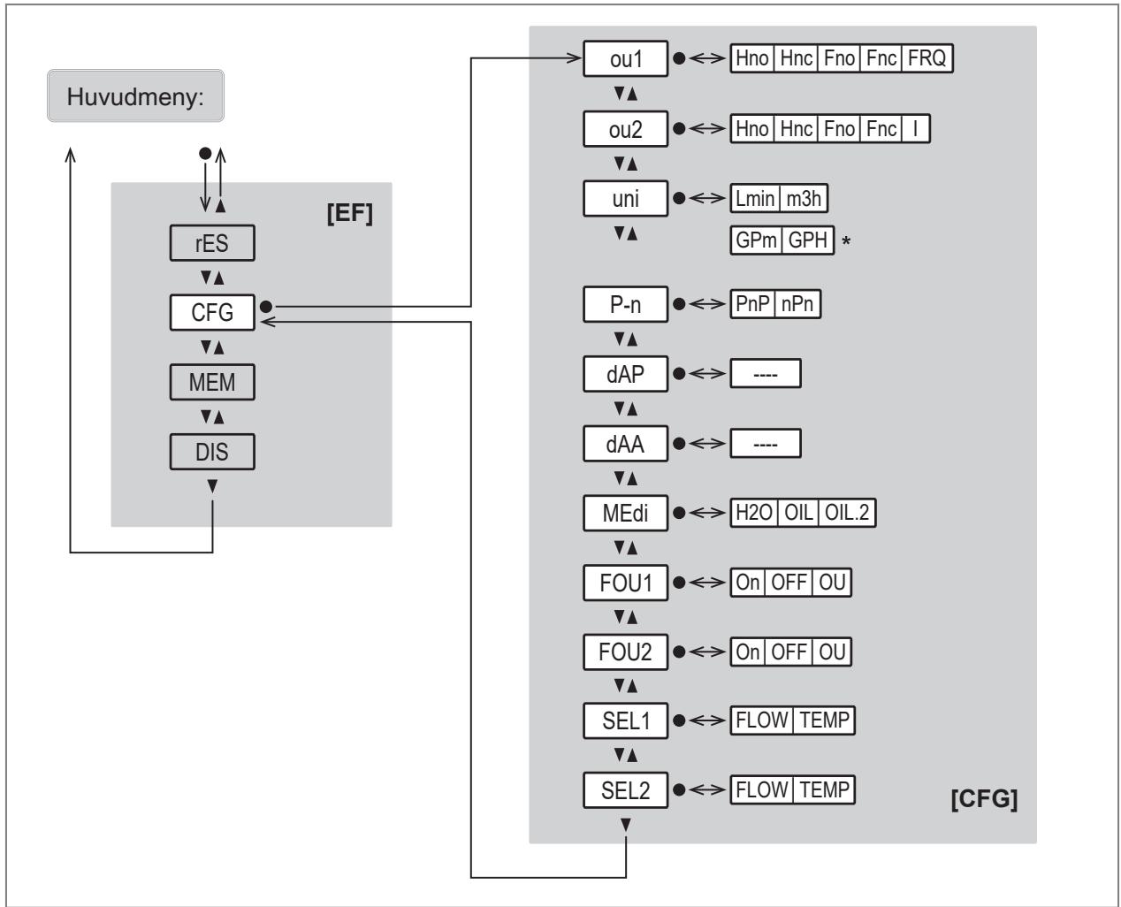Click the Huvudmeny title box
pyautogui.click(x=135, y=95)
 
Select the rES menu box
pyautogui.click(x=212, y=243)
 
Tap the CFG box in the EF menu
pyautogui.click(x=212, y=313)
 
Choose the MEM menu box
pyautogui.click(x=212, y=382)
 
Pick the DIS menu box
pyautogui.click(x=212, y=452)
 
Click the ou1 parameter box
pyautogui.click(x=625, y=58)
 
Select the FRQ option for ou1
pyautogui.click(x=927, y=57)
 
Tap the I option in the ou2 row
pyautogui.click(x=915, y=128)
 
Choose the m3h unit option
pyautogui.click(x=803, y=198)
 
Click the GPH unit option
pyautogui.click(x=808, y=240)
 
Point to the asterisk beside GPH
pyautogui.click(x=846, y=241)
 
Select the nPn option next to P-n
pyautogui.click(x=797, y=303)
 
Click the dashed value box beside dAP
pyautogui.click(x=766, y=374)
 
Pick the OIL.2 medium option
pyautogui.click(x=847, y=513)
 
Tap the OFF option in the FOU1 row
pyautogui.click(x=789, y=583)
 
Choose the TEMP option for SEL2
pyautogui.click(x=824, y=789)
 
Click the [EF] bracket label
pyautogui.click(x=350, y=213)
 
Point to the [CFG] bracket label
pyautogui.click(x=984, y=798)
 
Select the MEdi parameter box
pyautogui.click(x=625, y=513)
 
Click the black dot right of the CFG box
pyautogui.click(x=266, y=306)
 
